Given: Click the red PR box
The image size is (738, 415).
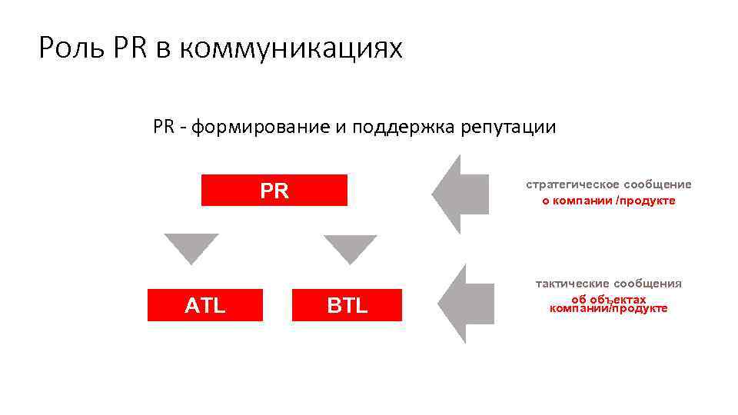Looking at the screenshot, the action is [274, 191].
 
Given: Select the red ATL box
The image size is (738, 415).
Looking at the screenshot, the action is [205, 305].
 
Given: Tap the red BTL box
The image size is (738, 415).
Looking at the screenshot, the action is [347, 305].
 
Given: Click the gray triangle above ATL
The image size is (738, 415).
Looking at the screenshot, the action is [191, 247].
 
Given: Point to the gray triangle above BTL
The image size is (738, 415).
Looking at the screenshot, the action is [351, 247].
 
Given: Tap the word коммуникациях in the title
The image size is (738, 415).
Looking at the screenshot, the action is [291, 49].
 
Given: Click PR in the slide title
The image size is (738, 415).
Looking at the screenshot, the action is [128, 49].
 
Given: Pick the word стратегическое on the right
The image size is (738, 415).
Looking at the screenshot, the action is [573, 184].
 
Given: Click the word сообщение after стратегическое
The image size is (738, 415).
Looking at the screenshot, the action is [658, 184].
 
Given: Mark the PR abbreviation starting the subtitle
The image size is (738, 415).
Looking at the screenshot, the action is [164, 127].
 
